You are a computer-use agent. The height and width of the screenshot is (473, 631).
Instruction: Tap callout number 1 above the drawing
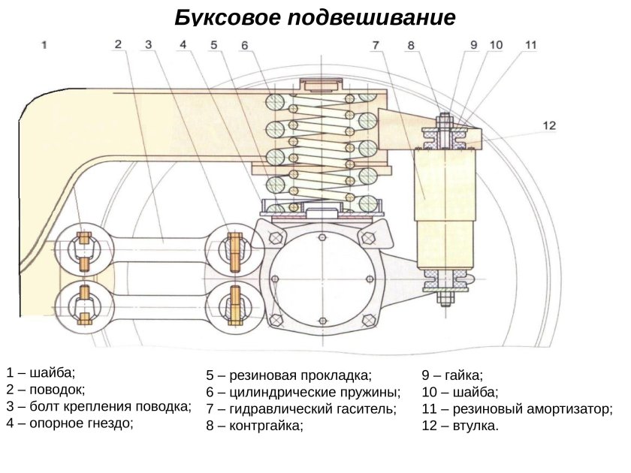pyautogui.click(x=45, y=45)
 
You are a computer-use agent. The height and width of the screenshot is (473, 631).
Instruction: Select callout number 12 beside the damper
pyautogui.click(x=549, y=125)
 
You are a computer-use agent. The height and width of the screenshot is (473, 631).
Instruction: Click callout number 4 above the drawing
pyautogui.click(x=183, y=45)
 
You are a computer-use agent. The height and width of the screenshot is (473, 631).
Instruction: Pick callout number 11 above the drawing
pyautogui.click(x=530, y=45)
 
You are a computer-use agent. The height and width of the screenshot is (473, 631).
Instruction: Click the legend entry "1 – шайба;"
pyautogui.click(x=41, y=372)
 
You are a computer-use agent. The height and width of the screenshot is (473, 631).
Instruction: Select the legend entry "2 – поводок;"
pyautogui.click(x=46, y=389)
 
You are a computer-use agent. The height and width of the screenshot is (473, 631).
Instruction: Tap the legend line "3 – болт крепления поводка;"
pyautogui.click(x=98, y=406)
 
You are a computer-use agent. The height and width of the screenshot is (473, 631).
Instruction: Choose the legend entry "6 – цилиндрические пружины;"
pyautogui.click(x=303, y=392)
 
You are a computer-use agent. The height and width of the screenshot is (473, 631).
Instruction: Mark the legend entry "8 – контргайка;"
pyautogui.click(x=255, y=426)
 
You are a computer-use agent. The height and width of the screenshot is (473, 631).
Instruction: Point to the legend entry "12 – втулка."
pyautogui.click(x=460, y=426)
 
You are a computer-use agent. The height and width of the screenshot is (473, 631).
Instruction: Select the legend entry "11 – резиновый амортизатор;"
pyautogui.click(x=517, y=408)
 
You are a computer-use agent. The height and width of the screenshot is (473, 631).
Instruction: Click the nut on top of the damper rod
pyautogui.click(x=444, y=119)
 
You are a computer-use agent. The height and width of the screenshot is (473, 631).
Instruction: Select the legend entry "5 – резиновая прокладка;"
pyautogui.click(x=288, y=375)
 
